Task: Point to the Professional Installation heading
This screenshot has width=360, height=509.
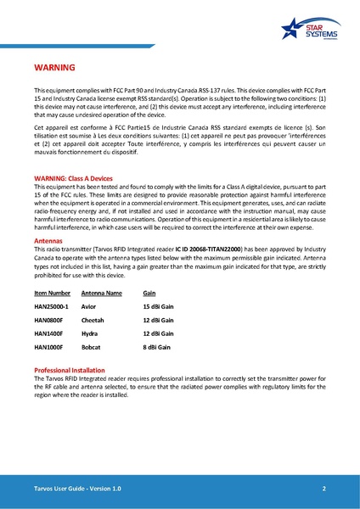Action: [75, 372]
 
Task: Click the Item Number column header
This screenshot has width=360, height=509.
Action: [53, 293]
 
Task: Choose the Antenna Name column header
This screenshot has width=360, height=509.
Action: [101, 293]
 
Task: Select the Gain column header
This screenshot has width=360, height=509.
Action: [149, 293]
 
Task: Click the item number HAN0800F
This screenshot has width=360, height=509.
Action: [48, 321]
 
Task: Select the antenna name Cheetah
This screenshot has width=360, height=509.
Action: [93, 321]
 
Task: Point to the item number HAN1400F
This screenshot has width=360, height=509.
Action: [48, 334]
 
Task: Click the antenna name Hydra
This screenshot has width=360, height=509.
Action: [90, 334]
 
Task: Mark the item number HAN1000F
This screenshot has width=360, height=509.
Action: [48, 348]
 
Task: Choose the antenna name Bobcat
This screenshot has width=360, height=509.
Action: [92, 348]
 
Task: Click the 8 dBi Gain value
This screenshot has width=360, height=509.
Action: [157, 348]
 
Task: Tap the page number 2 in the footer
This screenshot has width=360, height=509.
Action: [324, 490]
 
